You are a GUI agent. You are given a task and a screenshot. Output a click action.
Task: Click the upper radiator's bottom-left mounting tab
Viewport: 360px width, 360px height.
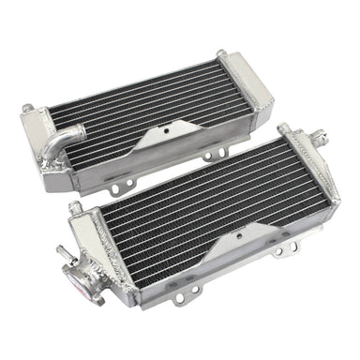coord(114,187)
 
